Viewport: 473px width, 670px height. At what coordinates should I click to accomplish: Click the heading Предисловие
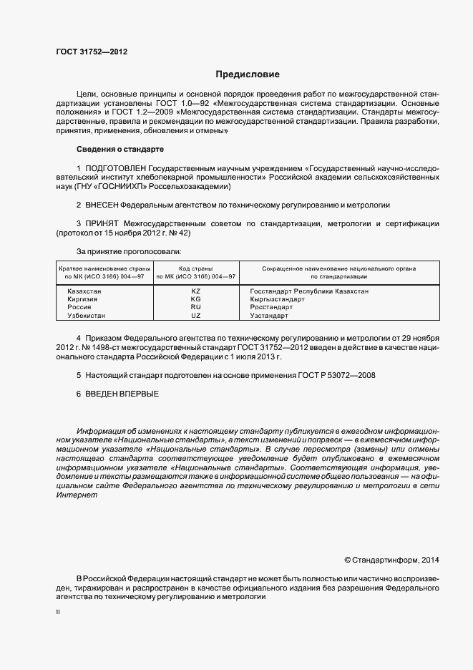pyautogui.click(x=248, y=74)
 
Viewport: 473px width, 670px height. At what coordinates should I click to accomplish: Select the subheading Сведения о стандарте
pyautogui.click(x=120, y=149)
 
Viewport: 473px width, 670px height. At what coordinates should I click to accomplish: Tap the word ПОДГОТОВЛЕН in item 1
pyautogui.click(x=110, y=168)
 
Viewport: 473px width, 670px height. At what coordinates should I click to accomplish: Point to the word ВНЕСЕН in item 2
pyautogui.click(x=102, y=205)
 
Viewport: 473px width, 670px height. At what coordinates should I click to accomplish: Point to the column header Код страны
pyautogui.click(x=196, y=268)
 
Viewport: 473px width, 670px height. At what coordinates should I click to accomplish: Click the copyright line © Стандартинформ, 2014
pyautogui.click(x=391, y=560)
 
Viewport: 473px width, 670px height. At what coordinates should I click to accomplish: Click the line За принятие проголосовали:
pyautogui.click(x=129, y=251)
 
